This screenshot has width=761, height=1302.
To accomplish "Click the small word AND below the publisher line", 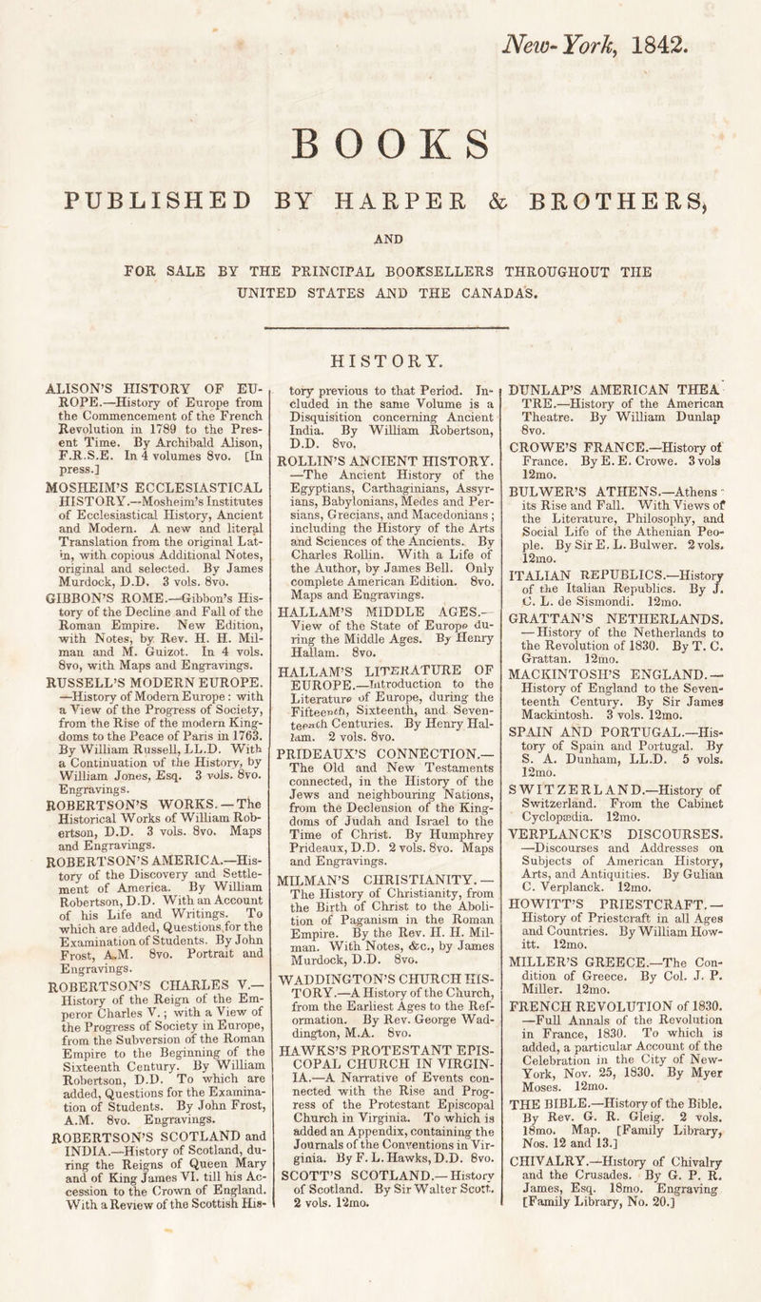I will click(381, 242).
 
